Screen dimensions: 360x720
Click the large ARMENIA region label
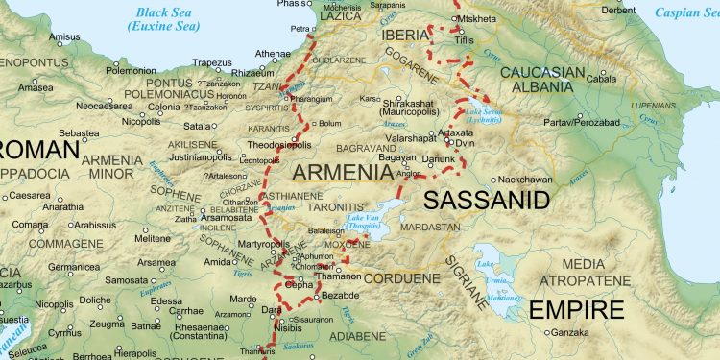(340, 173)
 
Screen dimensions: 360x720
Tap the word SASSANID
(487, 200)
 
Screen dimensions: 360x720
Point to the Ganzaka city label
(569, 333)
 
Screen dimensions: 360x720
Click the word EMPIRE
(576, 309)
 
